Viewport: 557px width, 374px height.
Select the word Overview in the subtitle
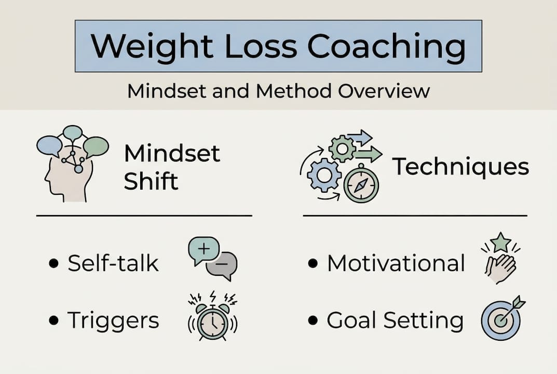click(384, 91)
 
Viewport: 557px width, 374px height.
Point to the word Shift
click(151, 181)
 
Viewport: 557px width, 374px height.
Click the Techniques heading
click(460, 167)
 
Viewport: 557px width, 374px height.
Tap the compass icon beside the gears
click(361, 185)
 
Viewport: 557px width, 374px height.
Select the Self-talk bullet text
click(113, 263)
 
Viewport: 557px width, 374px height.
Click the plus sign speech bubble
click(203, 250)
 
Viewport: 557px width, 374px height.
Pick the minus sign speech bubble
click(222, 264)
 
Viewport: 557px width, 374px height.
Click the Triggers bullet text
click(113, 320)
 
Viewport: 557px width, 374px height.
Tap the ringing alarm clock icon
click(212, 317)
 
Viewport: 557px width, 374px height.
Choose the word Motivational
click(396, 263)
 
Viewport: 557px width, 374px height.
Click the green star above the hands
click(500, 242)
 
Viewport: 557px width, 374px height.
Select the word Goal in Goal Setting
click(352, 320)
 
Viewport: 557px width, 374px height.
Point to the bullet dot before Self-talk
click(53, 264)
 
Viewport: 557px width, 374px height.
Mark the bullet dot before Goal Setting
click(313, 320)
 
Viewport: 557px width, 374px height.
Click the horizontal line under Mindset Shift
click(144, 215)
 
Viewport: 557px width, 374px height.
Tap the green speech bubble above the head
click(96, 146)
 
